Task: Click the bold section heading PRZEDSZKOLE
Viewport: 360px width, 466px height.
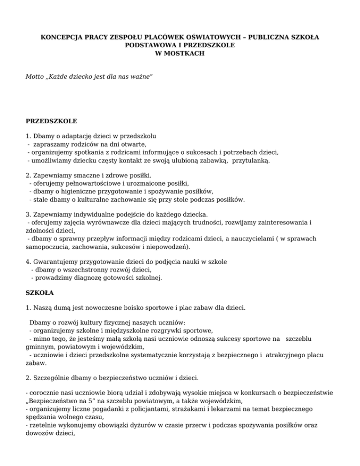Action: [51, 121]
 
